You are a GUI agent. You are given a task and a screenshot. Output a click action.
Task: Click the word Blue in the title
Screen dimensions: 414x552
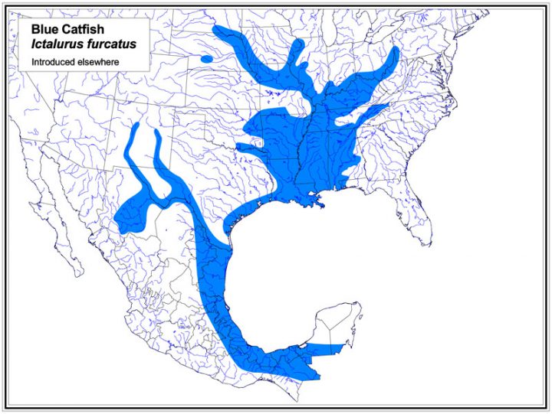click(x=44, y=30)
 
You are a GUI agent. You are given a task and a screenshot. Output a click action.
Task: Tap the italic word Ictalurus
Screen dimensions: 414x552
click(x=58, y=44)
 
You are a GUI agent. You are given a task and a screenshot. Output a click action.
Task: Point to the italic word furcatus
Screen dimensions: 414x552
click(x=111, y=44)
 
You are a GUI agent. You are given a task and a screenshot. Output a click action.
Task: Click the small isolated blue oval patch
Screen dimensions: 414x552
click(x=206, y=58)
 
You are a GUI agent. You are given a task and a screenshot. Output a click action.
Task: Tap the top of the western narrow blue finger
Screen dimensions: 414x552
click(x=135, y=125)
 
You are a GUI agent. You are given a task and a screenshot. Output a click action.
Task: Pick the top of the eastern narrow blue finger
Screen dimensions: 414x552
click(x=158, y=132)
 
